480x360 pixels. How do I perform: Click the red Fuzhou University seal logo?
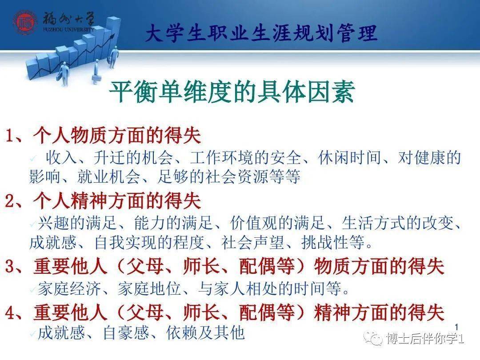(x=25, y=22)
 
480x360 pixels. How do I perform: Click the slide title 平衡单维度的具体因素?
(x=232, y=93)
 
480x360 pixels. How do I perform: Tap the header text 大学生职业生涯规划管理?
(x=261, y=34)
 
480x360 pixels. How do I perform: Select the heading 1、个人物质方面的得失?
(x=103, y=136)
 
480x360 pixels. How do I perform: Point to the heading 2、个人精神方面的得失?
(x=103, y=202)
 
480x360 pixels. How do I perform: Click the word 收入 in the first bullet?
(x=60, y=158)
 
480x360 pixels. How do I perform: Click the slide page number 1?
(x=456, y=326)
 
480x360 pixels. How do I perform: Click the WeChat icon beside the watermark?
(x=373, y=340)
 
